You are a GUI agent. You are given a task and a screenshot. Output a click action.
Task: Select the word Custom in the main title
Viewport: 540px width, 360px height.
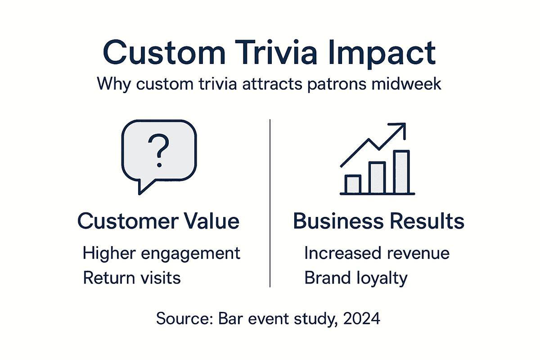[163, 53]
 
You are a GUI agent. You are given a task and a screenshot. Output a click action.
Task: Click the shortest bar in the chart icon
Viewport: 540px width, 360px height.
[352, 184]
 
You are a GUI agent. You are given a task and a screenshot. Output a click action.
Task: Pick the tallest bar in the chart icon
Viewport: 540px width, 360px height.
[401, 171]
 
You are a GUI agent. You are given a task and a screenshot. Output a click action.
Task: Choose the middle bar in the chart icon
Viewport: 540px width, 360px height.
[377, 178]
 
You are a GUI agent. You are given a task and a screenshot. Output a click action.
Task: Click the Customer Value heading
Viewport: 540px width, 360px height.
[158, 221]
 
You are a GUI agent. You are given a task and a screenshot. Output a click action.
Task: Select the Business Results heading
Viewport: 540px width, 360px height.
[378, 221]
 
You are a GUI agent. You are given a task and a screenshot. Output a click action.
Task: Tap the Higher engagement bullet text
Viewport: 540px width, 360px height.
[162, 254]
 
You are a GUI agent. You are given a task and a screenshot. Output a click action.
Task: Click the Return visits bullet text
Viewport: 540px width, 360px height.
[132, 278]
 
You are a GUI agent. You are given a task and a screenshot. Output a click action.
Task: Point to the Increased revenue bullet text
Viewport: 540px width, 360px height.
[377, 253]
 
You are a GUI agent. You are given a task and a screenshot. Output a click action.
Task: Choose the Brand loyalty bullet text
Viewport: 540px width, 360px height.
[355, 278]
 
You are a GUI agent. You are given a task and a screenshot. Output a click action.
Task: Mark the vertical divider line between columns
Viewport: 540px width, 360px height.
[270, 202]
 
